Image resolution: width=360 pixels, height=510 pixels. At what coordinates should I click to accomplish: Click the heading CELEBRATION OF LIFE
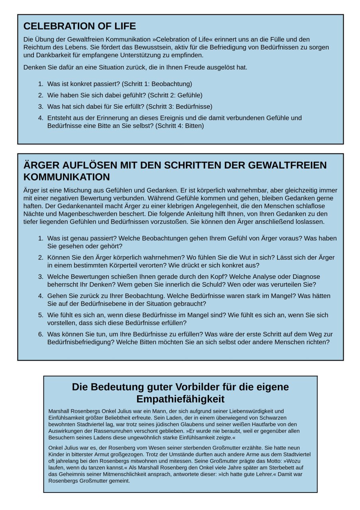point(80,26)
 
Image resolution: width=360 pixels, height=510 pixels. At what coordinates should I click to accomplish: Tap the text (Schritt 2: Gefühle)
point(175,95)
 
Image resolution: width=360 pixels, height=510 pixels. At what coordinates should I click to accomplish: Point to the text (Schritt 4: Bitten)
point(180,126)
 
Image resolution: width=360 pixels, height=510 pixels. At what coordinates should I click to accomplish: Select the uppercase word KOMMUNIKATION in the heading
point(67,177)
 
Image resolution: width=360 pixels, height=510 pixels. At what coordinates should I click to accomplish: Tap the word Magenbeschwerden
point(72,214)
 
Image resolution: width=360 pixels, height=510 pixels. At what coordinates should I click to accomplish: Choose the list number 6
point(41,334)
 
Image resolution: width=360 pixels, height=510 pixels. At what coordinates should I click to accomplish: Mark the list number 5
point(41,315)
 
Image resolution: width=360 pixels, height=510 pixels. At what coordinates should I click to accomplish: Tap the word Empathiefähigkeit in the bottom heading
point(180,399)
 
